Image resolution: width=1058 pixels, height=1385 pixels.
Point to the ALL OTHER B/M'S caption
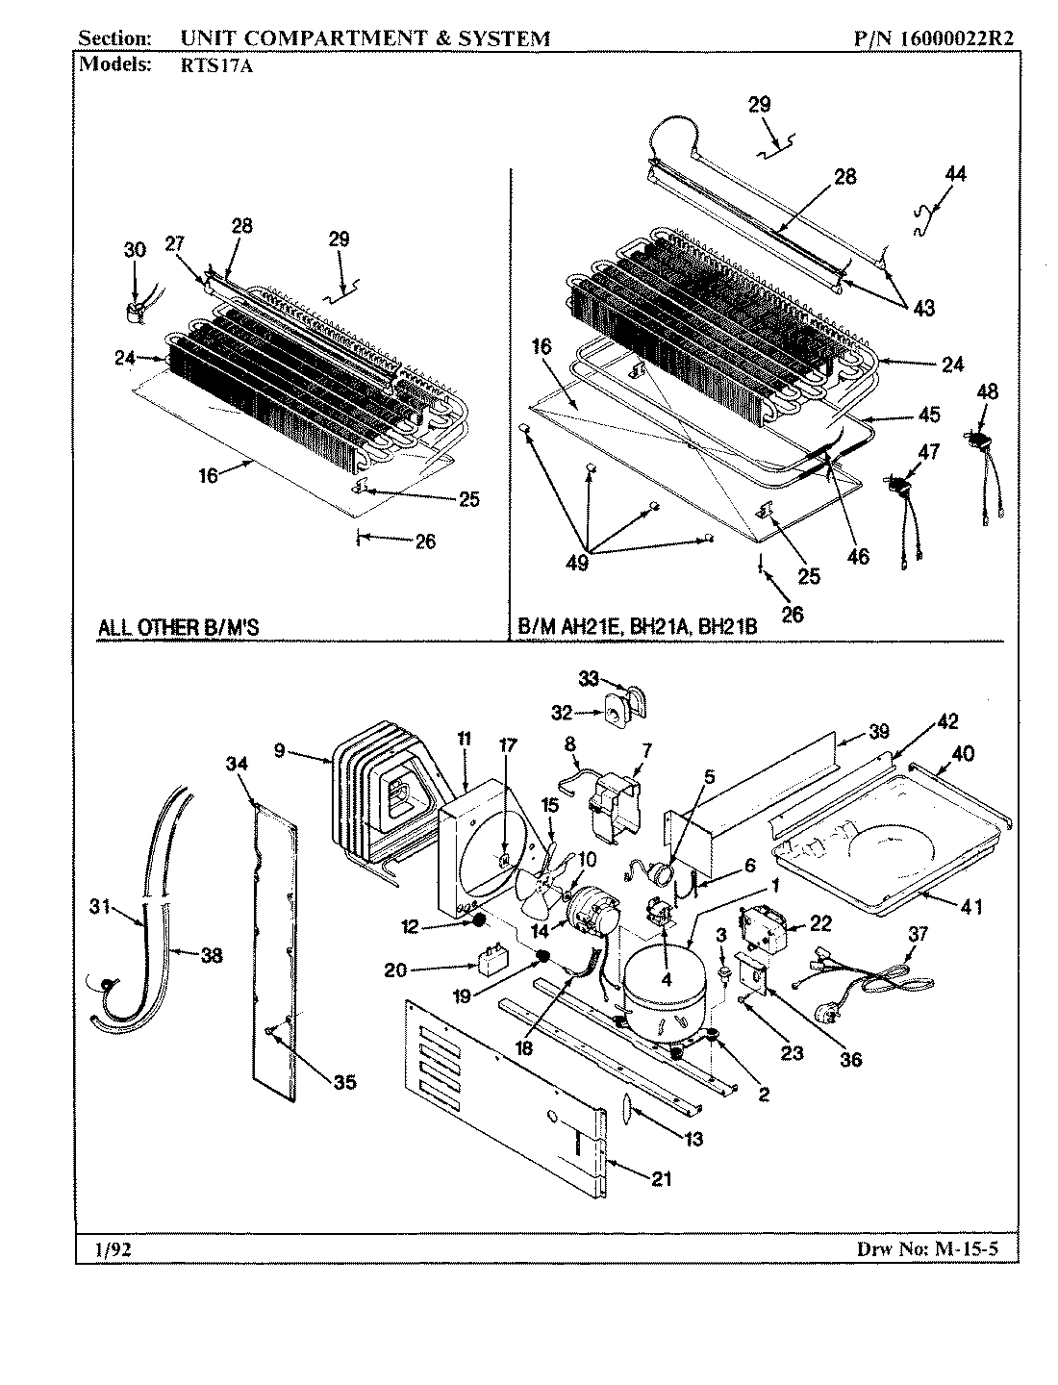tap(179, 628)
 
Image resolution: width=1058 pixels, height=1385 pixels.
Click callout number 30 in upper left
tap(135, 249)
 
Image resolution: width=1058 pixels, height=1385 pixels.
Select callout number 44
tap(955, 174)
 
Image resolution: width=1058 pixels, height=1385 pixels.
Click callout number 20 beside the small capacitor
tap(394, 969)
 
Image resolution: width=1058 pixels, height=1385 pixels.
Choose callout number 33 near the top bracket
tap(589, 679)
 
